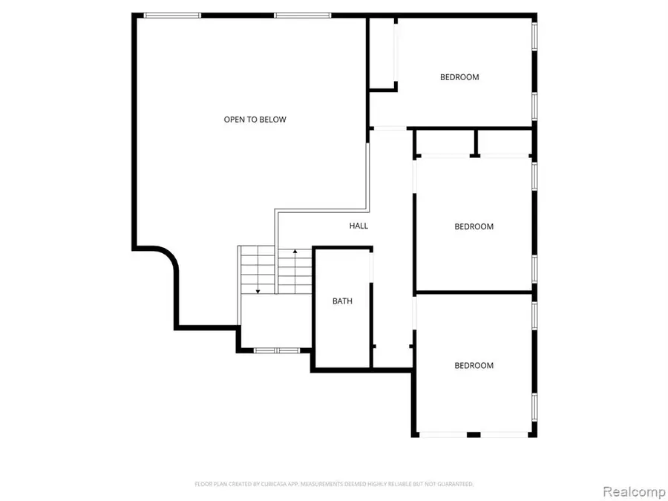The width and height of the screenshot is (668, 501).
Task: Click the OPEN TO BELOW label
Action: coord(255,119)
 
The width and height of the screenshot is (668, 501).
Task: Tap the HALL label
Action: coord(358,226)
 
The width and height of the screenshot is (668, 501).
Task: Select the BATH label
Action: coord(342,301)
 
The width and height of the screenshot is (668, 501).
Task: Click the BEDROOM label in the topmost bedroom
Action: coord(459,77)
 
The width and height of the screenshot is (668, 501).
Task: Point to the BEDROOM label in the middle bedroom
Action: coord(474,227)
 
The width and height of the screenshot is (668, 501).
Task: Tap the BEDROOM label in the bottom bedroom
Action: coord(474,365)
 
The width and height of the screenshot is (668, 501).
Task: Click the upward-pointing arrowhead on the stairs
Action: coord(295,253)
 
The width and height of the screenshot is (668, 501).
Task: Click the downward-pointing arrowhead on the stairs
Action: coord(258,290)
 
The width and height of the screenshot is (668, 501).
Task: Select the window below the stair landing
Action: coord(275,350)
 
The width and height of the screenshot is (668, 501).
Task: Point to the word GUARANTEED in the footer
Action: coord(455,484)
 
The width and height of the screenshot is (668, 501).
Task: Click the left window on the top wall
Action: coord(172,15)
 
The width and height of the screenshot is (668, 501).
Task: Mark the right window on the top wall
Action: coord(302,15)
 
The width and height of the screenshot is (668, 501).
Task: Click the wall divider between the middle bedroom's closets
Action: coord(474,142)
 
